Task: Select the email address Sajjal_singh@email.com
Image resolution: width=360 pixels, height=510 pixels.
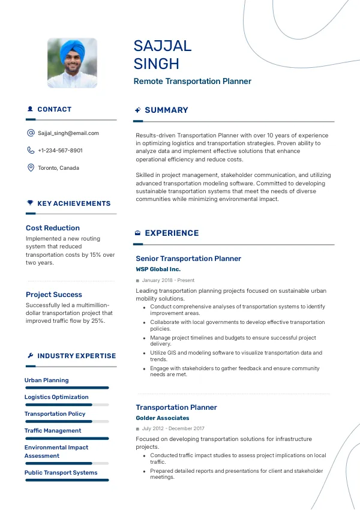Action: click(68, 133)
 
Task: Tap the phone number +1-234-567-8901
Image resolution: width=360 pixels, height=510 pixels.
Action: click(60, 151)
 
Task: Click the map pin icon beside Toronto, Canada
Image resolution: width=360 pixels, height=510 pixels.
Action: click(31, 168)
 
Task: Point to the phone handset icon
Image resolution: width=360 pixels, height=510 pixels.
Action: click(31, 151)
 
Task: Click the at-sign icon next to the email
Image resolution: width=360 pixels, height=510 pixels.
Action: click(31, 133)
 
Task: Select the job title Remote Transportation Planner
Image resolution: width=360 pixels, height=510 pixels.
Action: click(192, 82)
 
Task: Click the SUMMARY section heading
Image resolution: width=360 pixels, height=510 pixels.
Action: click(166, 110)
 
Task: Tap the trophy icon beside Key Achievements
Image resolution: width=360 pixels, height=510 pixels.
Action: click(30, 203)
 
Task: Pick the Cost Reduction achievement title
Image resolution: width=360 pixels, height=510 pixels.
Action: click(53, 228)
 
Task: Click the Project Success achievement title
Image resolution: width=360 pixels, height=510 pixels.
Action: click(54, 295)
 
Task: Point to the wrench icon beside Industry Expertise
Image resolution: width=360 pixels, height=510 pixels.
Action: click(30, 356)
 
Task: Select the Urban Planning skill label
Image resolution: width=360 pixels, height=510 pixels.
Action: click(47, 380)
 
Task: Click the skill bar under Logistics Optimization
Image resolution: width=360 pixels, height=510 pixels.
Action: click(67, 405)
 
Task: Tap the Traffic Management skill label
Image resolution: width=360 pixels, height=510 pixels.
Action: click(53, 431)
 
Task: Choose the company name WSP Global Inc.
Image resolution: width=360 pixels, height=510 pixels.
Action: click(158, 269)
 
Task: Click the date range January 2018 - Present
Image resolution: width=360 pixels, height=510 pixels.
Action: click(168, 280)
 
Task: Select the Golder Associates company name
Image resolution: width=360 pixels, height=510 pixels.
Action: click(162, 418)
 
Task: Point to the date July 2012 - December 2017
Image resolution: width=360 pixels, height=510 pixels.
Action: click(173, 429)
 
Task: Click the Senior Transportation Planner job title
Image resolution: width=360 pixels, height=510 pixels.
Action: click(188, 259)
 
